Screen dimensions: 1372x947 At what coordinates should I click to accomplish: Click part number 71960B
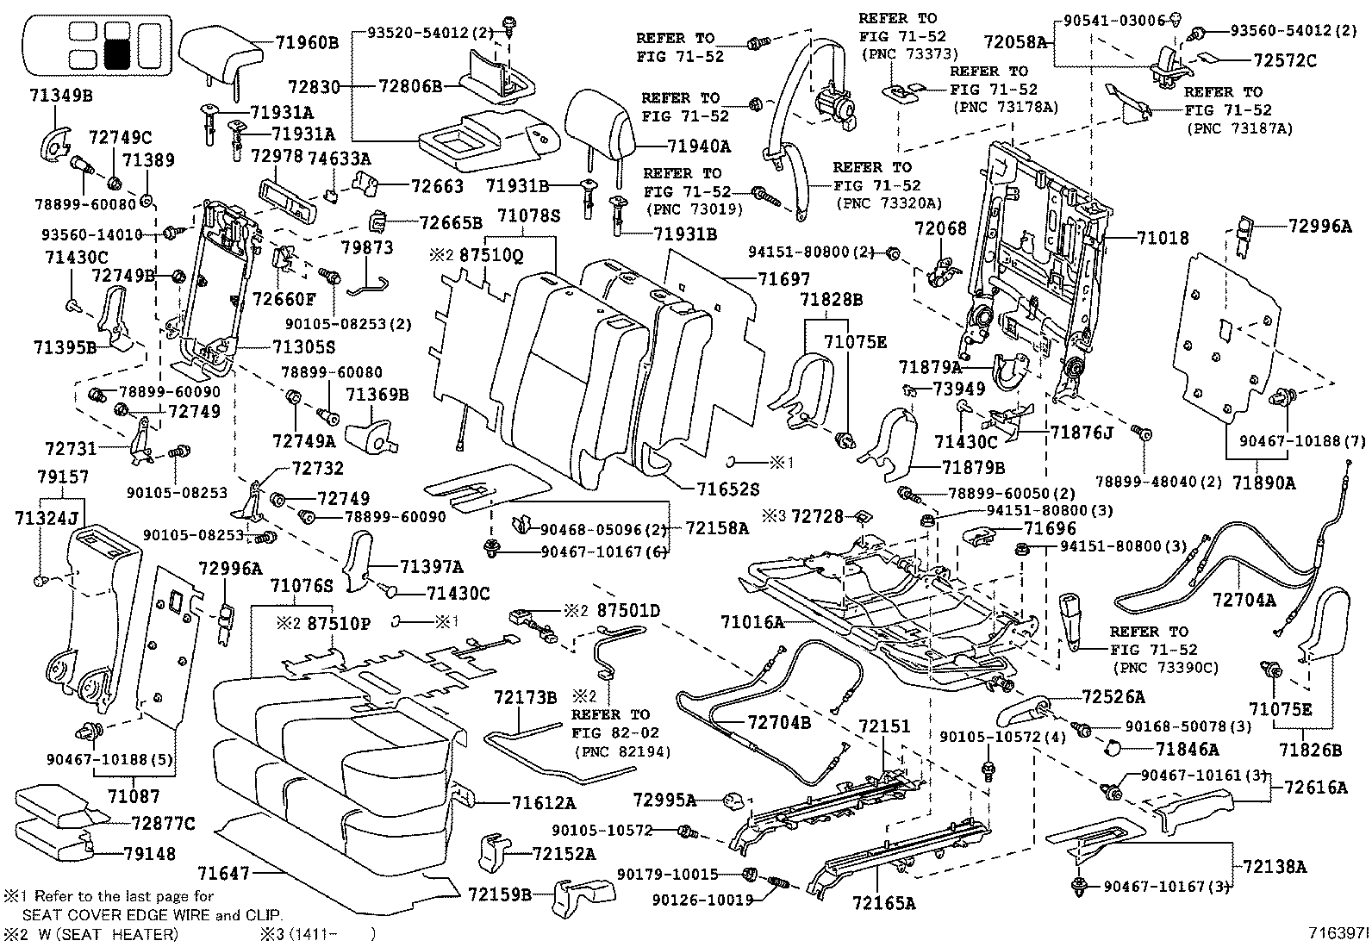(x=306, y=43)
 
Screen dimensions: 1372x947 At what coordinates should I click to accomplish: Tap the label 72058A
(x=1015, y=41)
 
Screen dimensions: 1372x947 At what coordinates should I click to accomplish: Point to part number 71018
(x=1163, y=238)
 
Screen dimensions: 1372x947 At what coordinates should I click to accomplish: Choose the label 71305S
(x=304, y=347)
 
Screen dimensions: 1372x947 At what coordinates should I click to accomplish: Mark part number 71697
(x=784, y=279)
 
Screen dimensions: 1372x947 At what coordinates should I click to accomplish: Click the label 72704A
(x=1244, y=600)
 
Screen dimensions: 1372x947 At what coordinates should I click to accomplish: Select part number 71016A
(x=752, y=622)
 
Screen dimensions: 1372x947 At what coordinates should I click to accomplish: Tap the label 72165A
(x=884, y=903)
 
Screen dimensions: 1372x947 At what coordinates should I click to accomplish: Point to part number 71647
(x=224, y=873)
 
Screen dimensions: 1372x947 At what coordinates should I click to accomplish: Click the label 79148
(x=149, y=853)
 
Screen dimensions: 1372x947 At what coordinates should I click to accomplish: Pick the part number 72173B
(x=526, y=698)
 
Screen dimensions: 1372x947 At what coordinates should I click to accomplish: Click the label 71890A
(x=1264, y=483)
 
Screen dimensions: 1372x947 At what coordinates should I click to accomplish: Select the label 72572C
(x=1284, y=60)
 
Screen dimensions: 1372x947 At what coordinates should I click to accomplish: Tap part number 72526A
(x=1113, y=697)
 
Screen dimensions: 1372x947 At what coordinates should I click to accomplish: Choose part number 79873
(x=367, y=247)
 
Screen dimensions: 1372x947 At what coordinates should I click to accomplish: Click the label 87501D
(x=628, y=611)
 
